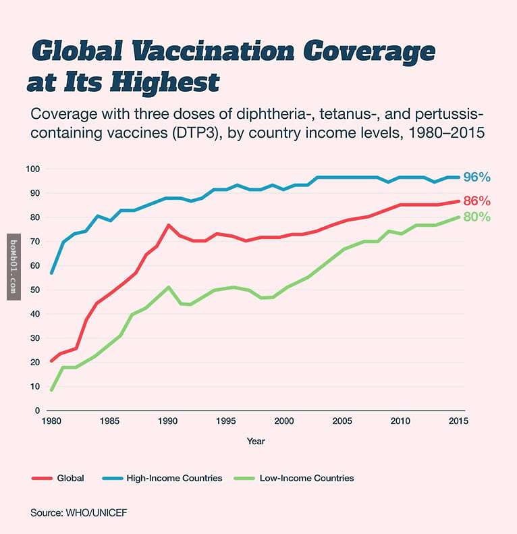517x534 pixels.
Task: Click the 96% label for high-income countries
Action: point(477,178)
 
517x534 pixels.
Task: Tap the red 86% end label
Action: point(477,201)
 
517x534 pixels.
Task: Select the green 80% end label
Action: point(477,217)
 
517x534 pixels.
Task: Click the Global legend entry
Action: point(71,478)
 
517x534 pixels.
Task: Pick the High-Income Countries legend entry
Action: point(174,478)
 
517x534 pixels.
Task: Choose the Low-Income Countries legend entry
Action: point(306,478)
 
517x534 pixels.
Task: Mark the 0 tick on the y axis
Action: point(38,410)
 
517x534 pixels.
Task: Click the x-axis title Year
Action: point(256,441)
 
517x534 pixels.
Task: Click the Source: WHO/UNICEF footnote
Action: point(78,513)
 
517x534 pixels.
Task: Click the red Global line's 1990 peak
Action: point(169,225)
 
